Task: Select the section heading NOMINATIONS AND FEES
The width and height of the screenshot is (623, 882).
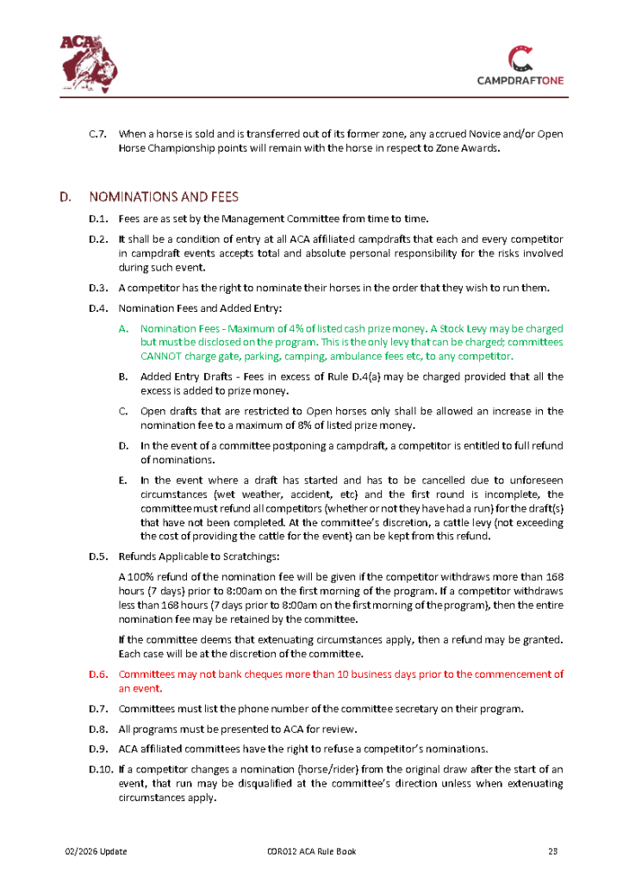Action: coord(164,196)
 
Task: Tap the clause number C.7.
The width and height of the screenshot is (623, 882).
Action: coord(97,134)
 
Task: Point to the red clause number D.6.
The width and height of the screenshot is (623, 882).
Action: coord(97,674)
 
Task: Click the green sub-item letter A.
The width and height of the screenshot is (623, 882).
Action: coord(124,329)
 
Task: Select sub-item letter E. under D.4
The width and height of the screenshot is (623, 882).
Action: coord(123,479)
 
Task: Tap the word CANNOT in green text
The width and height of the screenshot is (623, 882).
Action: coord(161,356)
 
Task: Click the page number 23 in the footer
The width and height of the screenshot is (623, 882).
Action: coord(553,852)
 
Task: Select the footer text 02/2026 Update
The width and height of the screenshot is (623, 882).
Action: coord(97,852)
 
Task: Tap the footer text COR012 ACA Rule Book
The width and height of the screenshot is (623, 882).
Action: coord(311,852)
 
